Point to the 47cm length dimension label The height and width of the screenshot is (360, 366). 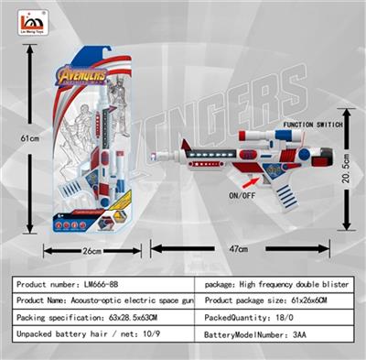239,248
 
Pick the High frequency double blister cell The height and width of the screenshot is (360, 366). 281,284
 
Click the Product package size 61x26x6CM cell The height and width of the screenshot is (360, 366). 281,300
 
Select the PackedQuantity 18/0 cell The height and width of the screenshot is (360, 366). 281,318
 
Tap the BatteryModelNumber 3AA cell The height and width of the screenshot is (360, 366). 281,335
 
